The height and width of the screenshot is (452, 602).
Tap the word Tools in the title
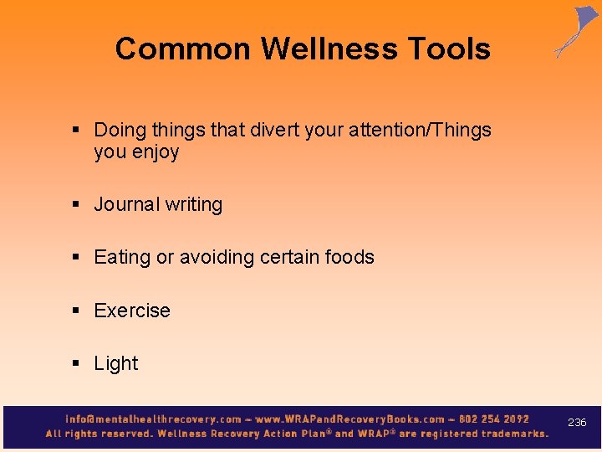[x=449, y=49]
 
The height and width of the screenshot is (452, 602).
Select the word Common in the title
[x=184, y=49]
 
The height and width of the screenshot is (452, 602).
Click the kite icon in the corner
[x=577, y=31]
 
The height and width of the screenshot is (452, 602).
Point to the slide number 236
[x=577, y=423]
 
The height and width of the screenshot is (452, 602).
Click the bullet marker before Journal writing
[x=76, y=205]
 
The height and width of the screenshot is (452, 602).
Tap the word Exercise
[x=132, y=311]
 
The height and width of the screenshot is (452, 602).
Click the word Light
[x=116, y=363]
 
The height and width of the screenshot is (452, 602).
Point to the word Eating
[x=122, y=258]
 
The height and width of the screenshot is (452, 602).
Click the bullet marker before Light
[x=76, y=364]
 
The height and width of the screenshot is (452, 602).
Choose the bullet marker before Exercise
[x=76, y=311]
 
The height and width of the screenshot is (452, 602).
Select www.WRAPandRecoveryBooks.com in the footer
[x=349, y=419]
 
